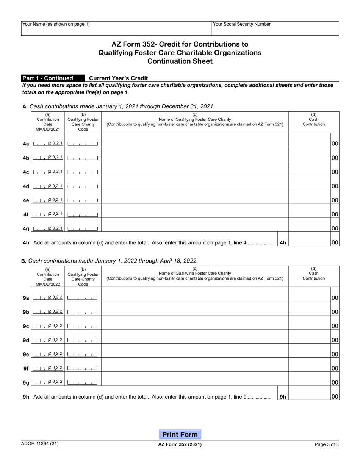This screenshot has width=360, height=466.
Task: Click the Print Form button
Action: pos(180,435)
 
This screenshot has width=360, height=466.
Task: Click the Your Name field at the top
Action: pos(116,28)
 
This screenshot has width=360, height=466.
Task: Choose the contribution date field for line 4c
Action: pos(48,172)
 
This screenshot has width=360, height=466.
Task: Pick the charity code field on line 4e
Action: pos(83,200)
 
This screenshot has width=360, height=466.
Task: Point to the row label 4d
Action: pos(26,186)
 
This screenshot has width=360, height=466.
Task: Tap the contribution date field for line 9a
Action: pos(48,298)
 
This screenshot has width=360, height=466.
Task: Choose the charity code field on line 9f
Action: pos(83,368)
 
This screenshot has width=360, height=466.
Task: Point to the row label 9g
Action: pos(26,383)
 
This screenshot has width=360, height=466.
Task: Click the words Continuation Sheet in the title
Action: pos(180,61)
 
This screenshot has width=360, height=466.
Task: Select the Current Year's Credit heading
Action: pos(118,78)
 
